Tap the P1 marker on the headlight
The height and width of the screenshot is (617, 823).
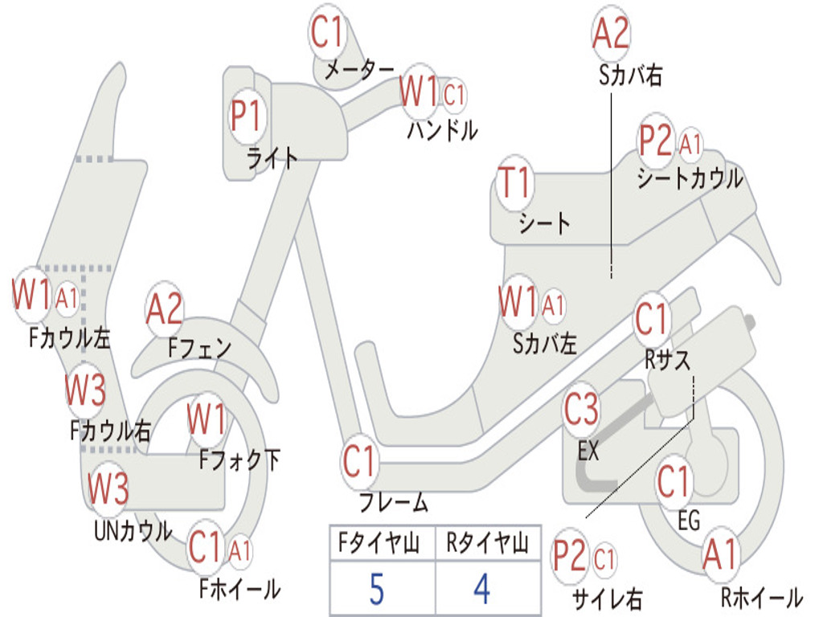(x=246, y=116)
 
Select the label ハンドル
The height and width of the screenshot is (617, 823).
(x=441, y=130)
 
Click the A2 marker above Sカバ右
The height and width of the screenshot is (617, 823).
(x=610, y=34)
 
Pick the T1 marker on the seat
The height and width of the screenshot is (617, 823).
(x=514, y=183)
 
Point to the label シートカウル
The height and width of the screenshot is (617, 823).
(x=690, y=178)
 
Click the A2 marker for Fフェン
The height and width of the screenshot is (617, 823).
(x=165, y=309)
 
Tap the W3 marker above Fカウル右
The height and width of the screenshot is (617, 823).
(x=85, y=390)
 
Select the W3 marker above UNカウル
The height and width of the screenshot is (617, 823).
(x=108, y=488)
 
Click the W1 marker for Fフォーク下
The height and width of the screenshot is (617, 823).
(x=207, y=419)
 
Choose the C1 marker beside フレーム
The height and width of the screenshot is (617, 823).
(x=359, y=462)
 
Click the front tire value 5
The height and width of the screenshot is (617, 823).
(x=376, y=590)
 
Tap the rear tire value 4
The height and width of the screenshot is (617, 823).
(x=482, y=590)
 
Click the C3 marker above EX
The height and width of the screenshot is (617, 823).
(x=581, y=410)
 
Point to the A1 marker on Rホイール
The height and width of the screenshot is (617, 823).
(x=719, y=555)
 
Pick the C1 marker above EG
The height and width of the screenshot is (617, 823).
(x=674, y=482)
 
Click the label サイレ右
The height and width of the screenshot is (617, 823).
(x=607, y=599)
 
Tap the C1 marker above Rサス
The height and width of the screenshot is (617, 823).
(x=651, y=320)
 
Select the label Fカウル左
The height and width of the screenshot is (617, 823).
(x=70, y=337)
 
